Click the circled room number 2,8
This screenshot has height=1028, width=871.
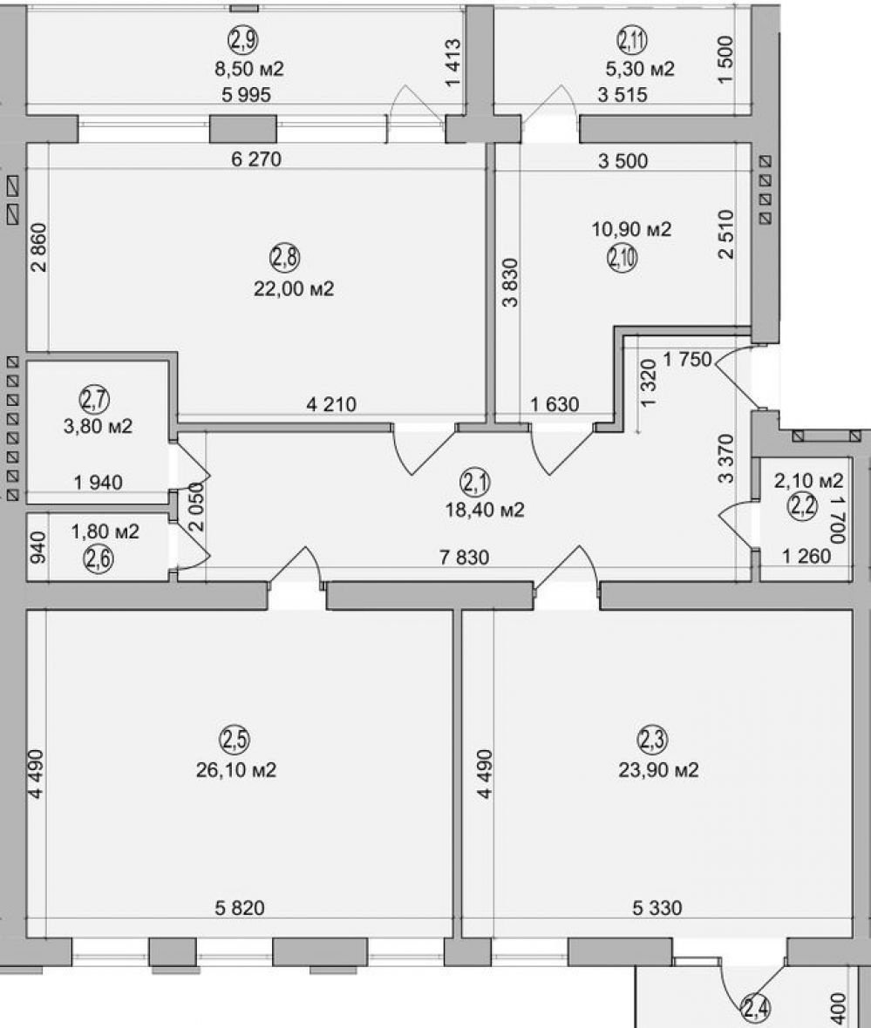[x=285, y=259]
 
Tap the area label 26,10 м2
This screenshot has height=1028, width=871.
[x=236, y=769]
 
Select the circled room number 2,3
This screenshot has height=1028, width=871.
[x=652, y=740]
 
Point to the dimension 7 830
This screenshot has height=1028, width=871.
[x=464, y=558]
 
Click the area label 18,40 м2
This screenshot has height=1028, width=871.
[x=485, y=510]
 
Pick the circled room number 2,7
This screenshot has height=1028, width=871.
[x=94, y=399]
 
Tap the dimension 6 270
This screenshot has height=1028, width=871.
[x=256, y=159]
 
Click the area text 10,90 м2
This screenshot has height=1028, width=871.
[x=631, y=229]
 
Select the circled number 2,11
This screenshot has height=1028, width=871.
[x=632, y=41]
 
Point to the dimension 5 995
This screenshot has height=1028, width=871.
[x=246, y=95]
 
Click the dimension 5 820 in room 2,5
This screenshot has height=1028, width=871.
[x=240, y=908]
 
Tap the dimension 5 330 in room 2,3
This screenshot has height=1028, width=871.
[x=657, y=908]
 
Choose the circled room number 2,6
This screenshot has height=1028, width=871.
[x=99, y=559]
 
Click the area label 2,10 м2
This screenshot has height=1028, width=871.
[x=808, y=481]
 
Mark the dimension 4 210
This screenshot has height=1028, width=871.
[x=331, y=404]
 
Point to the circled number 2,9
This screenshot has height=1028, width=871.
[x=243, y=41]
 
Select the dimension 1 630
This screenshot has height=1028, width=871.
[x=555, y=404]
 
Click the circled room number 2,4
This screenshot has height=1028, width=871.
[x=756, y=1007]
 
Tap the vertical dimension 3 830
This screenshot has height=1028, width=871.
[x=510, y=282]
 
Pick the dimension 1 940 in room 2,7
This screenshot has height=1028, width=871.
[x=98, y=483]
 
